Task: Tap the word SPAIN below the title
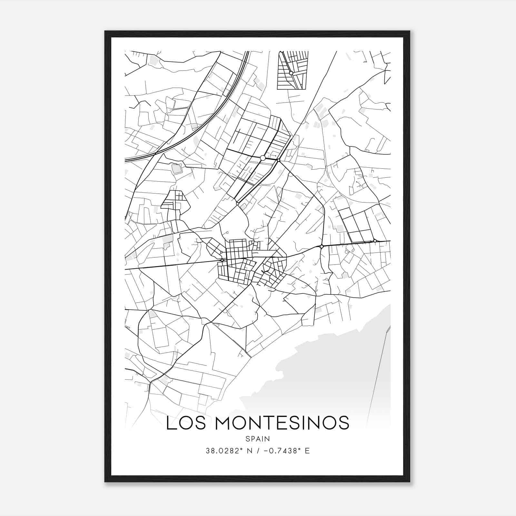[x=257, y=439]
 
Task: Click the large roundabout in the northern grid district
[x=263, y=158]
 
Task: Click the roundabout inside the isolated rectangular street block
[x=291, y=73]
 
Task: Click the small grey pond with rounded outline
[x=176, y=169]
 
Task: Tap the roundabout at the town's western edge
[x=222, y=260]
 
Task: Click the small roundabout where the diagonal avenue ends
[x=237, y=203]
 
